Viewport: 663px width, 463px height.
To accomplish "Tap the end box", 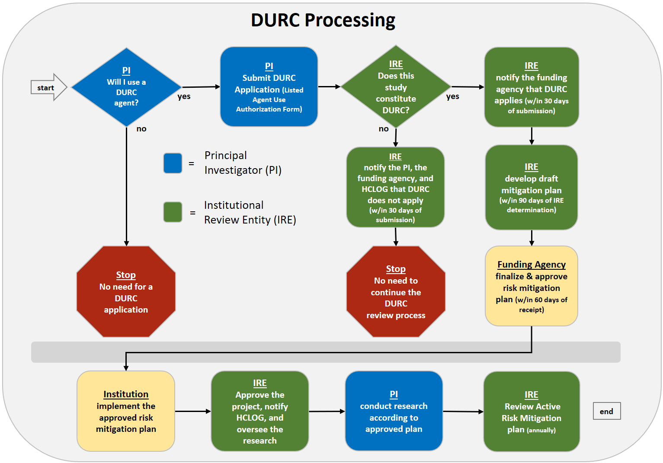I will click(x=606, y=411).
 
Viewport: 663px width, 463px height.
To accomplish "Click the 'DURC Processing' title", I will click(x=323, y=20).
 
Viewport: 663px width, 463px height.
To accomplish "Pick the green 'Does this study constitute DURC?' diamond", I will click(x=396, y=87).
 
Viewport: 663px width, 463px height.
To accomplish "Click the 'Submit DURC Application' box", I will click(x=269, y=87).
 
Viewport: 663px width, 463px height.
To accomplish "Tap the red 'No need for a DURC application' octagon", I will click(x=126, y=292).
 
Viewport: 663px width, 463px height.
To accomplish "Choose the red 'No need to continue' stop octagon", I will click(x=396, y=292).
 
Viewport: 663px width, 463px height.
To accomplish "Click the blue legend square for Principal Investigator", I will click(x=173, y=163).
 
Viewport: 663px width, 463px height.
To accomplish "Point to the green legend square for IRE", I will click(x=173, y=212).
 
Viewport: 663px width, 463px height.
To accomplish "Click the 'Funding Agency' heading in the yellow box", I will click(x=532, y=265).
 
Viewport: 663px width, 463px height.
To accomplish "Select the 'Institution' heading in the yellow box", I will click(x=126, y=394).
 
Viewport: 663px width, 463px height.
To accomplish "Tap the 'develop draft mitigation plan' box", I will click(x=532, y=188).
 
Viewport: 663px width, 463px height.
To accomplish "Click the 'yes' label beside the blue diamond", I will click(x=184, y=96).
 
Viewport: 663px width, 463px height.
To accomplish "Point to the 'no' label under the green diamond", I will click(x=384, y=129).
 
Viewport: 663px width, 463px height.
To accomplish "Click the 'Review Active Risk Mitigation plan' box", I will click(x=532, y=412).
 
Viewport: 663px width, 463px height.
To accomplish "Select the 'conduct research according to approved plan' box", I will click(x=394, y=411).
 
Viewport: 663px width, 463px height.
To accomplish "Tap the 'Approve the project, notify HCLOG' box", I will click(x=259, y=411).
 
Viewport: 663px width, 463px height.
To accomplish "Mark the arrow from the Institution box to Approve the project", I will click(x=193, y=411).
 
